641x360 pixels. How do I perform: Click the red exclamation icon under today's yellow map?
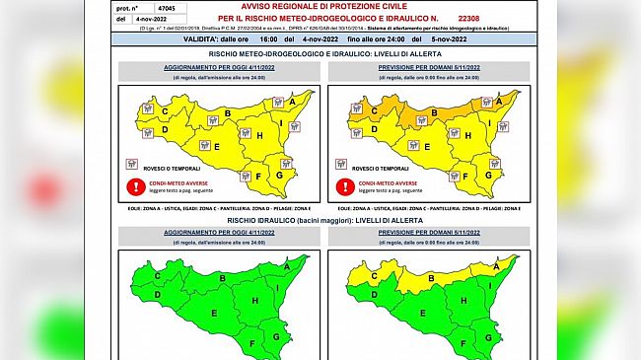[x=134, y=185]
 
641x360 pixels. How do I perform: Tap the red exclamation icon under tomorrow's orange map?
[x=344, y=185]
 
